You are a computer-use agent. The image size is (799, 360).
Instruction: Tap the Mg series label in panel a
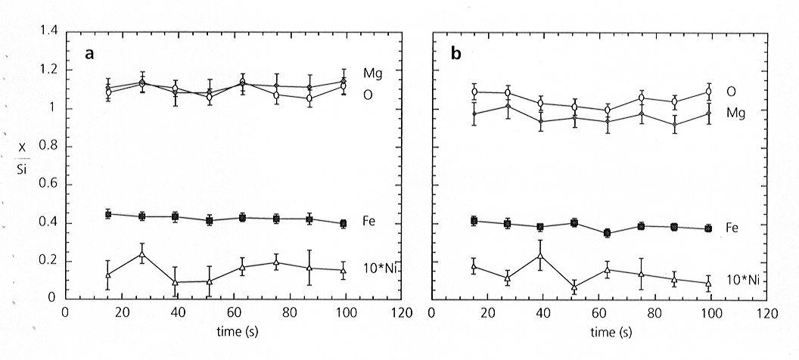coord(372,73)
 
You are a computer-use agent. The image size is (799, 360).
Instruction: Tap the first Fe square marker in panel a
coord(108,214)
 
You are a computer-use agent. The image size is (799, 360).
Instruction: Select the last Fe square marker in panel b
coord(708,228)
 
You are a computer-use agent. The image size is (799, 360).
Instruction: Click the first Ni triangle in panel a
coord(108,275)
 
